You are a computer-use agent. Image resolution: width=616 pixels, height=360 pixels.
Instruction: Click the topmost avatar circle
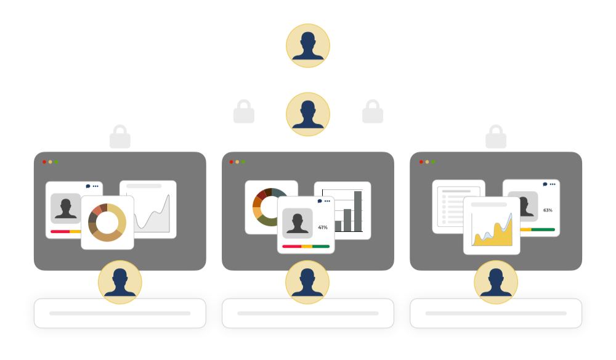point(308,46)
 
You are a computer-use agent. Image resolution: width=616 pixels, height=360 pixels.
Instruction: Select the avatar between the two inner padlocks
point(308,114)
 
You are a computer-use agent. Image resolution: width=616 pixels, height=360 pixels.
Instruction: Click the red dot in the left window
point(44,162)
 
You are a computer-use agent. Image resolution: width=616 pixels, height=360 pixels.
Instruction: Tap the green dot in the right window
point(433,162)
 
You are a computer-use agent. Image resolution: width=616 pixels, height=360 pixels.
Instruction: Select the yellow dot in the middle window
point(237,162)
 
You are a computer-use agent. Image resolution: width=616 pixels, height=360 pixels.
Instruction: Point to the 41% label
point(323,227)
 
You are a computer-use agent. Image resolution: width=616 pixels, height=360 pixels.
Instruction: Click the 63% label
point(548,210)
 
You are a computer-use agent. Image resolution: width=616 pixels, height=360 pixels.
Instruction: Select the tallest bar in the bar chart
point(358,211)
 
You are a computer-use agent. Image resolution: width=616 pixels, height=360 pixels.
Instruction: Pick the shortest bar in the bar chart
point(338,226)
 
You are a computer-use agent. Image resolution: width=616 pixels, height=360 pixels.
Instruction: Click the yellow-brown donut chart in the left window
point(107,223)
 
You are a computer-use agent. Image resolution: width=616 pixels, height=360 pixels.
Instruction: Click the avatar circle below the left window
point(120,282)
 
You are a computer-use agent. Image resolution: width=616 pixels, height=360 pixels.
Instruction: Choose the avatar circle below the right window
point(496,282)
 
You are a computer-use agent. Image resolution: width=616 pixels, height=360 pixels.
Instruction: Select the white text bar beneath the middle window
point(308,313)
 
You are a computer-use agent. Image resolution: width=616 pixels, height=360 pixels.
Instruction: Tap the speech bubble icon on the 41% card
point(320,201)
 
